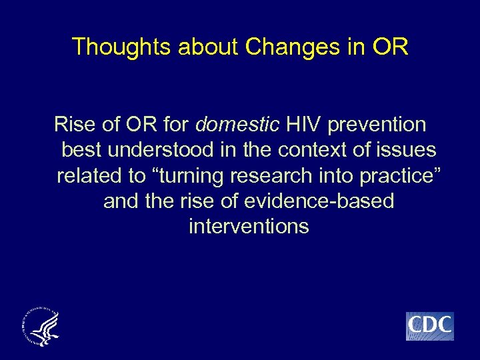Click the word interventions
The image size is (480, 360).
tap(249, 227)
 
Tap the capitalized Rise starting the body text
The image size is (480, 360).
tap(74, 125)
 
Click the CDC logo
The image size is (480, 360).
tap(429, 326)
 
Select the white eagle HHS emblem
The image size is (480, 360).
tap(41, 326)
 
